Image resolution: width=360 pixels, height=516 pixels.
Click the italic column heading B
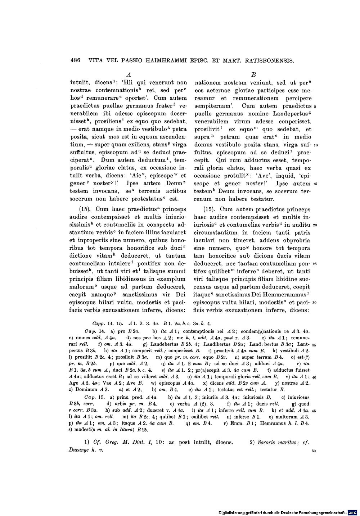pyautogui.click(x=253, y=74)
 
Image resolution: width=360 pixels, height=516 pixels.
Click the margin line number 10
pyautogui.click(x=315, y=145)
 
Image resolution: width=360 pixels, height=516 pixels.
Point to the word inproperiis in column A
pyautogui.click(x=93, y=240)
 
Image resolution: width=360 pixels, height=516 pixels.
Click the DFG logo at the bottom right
pyautogui.click(x=353, y=512)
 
